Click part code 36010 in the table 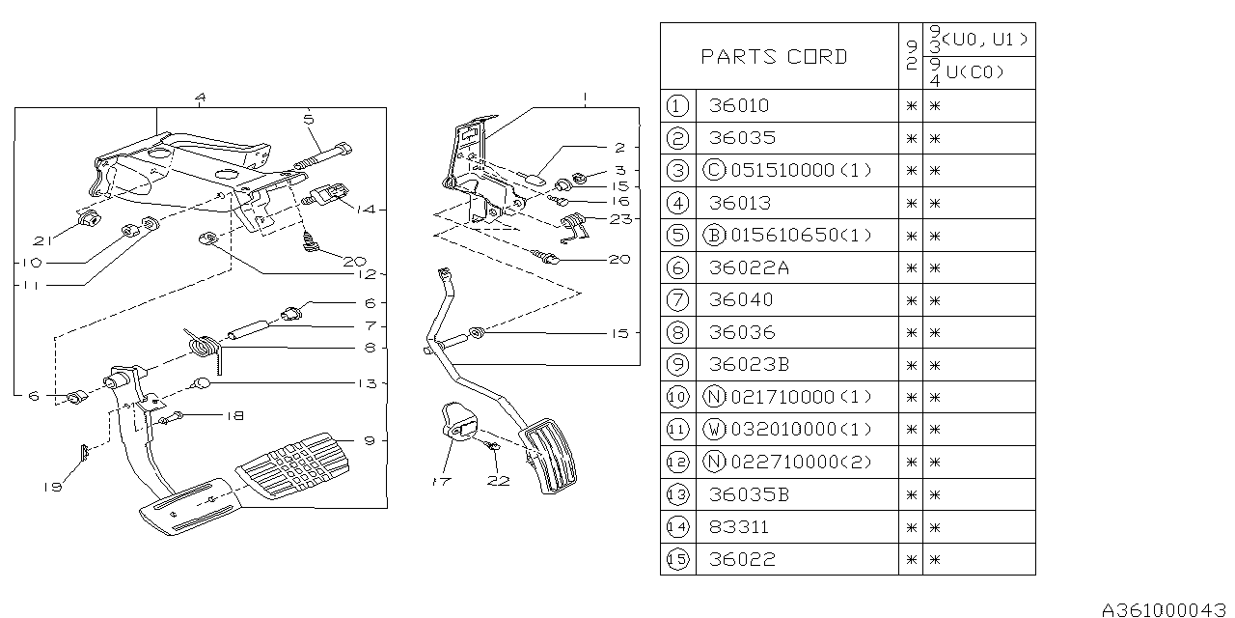pos(738,105)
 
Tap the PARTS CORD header pos(774,57)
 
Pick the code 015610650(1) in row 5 pos(800,235)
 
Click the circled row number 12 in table pos(677,462)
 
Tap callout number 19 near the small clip pos(51,487)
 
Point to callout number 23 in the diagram pos(619,219)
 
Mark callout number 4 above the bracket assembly pos(200,97)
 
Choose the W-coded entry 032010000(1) pos(801,429)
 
